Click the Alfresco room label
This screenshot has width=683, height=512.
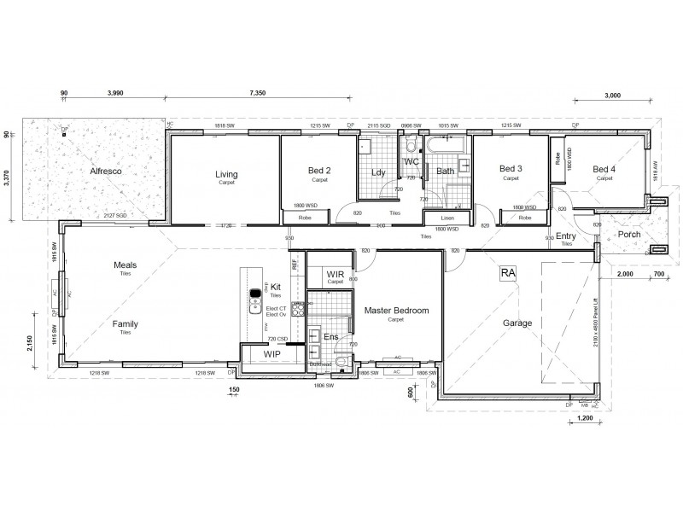(107, 172)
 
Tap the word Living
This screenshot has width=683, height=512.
(226, 174)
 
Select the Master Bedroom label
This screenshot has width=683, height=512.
(396, 310)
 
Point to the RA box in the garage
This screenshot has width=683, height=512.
(509, 273)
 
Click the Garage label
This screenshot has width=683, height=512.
(517, 323)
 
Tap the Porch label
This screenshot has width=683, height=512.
(629, 234)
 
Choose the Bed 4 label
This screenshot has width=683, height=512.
(604, 169)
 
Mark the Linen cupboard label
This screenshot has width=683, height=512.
(435, 218)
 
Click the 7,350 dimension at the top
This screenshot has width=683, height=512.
(261, 92)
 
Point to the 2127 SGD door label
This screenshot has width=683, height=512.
(115, 216)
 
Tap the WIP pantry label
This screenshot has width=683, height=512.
(271, 352)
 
